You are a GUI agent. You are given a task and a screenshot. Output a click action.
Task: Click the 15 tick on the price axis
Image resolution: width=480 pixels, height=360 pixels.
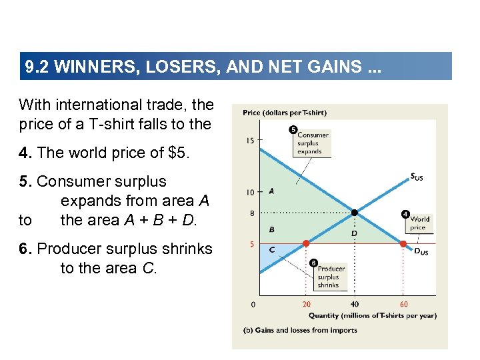click(249, 140)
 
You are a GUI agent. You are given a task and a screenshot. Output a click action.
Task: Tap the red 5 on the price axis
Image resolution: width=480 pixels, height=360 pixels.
click(251, 244)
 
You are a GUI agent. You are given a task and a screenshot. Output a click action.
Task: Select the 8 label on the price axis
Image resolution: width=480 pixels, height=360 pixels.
click(251, 213)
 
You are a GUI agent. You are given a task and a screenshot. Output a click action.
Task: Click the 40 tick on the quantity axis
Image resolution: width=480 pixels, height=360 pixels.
click(354, 305)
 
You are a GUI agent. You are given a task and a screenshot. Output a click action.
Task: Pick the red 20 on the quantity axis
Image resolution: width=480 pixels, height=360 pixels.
click(306, 305)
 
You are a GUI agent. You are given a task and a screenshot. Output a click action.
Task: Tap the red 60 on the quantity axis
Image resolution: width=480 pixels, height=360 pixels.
click(403, 305)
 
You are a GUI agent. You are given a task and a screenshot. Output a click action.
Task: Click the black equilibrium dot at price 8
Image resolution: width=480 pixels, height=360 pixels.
click(355, 213)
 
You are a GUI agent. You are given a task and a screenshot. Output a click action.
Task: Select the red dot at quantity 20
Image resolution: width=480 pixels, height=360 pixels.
click(306, 243)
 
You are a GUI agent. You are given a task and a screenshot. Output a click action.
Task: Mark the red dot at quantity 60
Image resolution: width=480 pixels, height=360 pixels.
click(403, 244)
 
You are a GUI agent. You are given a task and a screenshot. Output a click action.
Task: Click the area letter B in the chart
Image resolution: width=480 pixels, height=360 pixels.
click(271, 229)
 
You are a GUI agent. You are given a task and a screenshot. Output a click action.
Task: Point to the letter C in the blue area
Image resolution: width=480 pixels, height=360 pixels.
click(271, 250)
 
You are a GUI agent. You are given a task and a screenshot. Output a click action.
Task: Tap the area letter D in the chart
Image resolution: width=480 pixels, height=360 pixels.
click(353, 233)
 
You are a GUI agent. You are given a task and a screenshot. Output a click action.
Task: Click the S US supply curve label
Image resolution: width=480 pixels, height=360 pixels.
click(417, 177)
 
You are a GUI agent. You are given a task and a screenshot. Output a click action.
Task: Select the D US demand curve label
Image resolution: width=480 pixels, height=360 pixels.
click(421, 252)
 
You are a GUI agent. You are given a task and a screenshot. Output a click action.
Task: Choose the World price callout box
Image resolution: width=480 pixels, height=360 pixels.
click(419, 223)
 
